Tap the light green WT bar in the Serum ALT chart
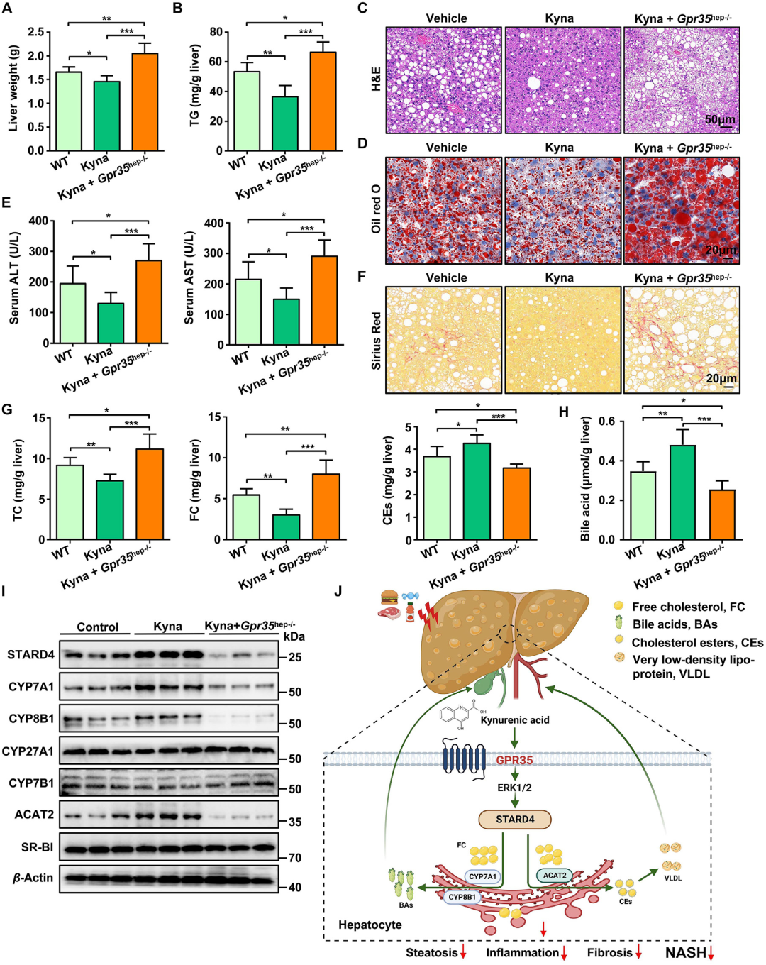72,313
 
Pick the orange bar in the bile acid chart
722,514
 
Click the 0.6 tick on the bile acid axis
606,421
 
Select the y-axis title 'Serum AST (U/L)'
189,277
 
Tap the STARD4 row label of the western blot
30,654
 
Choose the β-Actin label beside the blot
33,878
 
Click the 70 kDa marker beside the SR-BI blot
294,858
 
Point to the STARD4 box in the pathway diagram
515,819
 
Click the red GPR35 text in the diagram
514,760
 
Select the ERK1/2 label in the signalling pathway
514,788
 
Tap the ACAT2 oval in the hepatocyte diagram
555,876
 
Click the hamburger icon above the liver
389,597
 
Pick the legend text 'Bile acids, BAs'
675,624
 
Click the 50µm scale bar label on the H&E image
719,120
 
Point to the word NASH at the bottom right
685,952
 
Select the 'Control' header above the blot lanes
97,627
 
